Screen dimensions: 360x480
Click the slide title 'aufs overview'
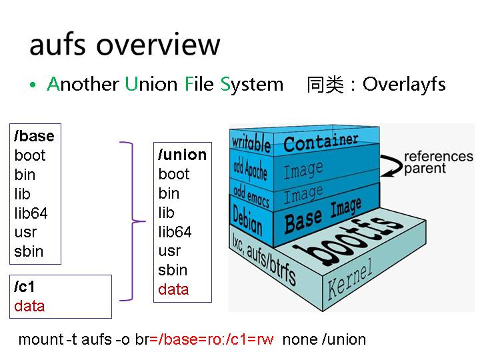(124, 44)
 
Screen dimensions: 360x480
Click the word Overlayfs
(404, 85)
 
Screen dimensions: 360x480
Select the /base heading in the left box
(34, 136)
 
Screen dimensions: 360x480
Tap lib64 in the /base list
(31, 213)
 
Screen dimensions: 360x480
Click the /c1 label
(24, 287)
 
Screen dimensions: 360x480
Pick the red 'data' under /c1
(29, 306)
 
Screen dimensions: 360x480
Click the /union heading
(182, 155)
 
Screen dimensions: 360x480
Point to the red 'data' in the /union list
(173, 289)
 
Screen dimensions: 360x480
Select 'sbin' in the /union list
(173, 270)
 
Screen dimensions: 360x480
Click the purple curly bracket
(133, 220)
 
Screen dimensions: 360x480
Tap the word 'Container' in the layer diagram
(321, 142)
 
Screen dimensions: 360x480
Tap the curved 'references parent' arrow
(389, 160)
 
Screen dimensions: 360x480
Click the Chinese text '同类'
(325, 85)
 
